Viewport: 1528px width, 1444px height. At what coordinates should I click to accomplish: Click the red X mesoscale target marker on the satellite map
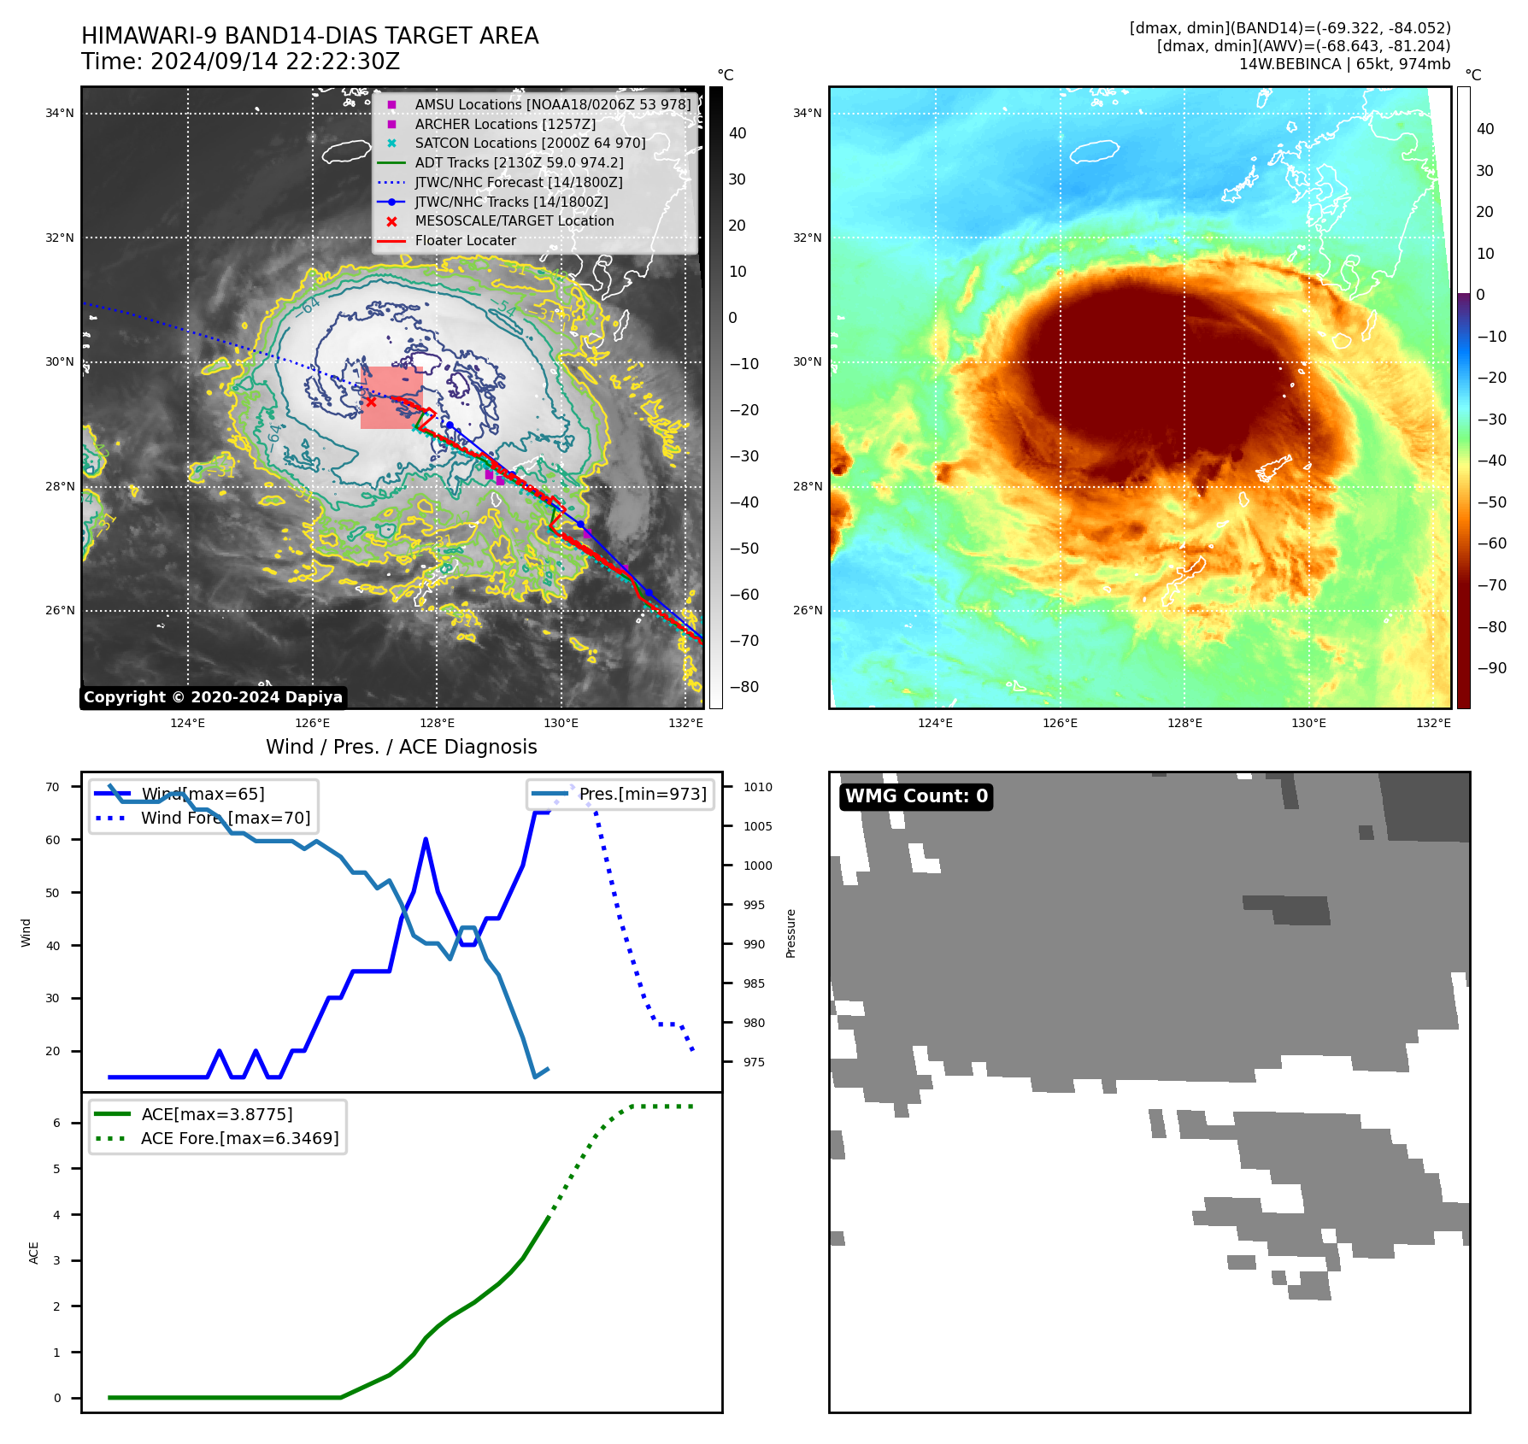click(x=371, y=402)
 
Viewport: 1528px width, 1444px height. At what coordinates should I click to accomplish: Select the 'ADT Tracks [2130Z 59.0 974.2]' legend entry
click(x=519, y=162)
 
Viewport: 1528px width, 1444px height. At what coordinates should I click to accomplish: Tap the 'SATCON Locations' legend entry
click(x=530, y=143)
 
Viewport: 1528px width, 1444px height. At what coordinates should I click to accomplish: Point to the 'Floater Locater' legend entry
click(x=465, y=240)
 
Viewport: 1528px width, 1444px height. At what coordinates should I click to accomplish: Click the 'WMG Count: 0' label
click(x=916, y=796)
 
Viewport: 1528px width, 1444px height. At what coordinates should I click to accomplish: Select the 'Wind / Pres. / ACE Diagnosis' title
click(x=402, y=747)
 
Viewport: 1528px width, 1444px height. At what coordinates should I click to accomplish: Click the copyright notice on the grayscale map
click(x=213, y=697)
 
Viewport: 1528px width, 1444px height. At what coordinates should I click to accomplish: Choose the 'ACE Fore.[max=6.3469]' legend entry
click(x=239, y=1138)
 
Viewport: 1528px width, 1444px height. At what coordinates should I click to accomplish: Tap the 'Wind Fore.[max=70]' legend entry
click(x=226, y=818)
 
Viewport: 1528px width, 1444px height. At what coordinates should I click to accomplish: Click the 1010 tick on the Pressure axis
click(x=757, y=787)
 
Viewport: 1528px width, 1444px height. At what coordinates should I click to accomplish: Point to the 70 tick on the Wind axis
click(x=53, y=787)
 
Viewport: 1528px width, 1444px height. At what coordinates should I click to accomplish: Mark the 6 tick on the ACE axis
click(x=57, y=1123)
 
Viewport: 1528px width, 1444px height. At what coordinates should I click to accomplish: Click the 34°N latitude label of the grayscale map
click(x=60, y=113)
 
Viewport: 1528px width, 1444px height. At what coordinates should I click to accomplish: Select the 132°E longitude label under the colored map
click(x=1433, y=723)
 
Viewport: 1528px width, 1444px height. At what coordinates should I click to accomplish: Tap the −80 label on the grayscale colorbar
click(x=743, y=687)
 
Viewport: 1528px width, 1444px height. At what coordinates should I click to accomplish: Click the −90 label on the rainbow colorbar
click(x=1492, y=668)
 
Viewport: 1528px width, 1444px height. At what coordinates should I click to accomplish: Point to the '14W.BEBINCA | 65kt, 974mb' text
click(x=1344, y=64)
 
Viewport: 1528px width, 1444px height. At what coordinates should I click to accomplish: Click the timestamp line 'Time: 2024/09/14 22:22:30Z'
click(x=241, y=62)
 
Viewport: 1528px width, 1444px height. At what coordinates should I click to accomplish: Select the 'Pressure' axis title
click(x=790, y=933)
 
